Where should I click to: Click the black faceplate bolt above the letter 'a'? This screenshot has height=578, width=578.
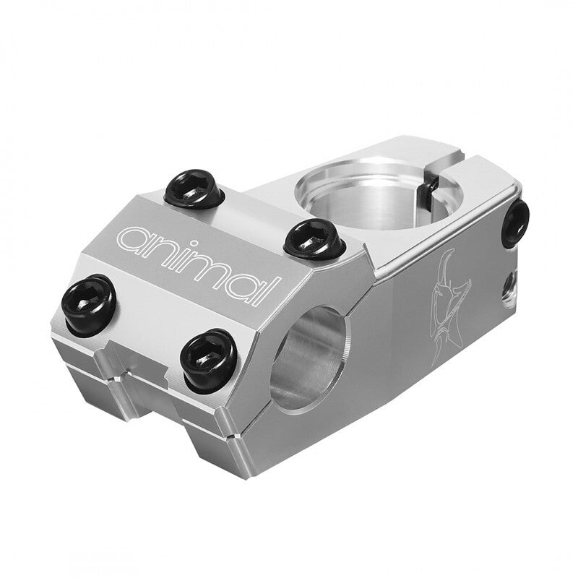point(194,189)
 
